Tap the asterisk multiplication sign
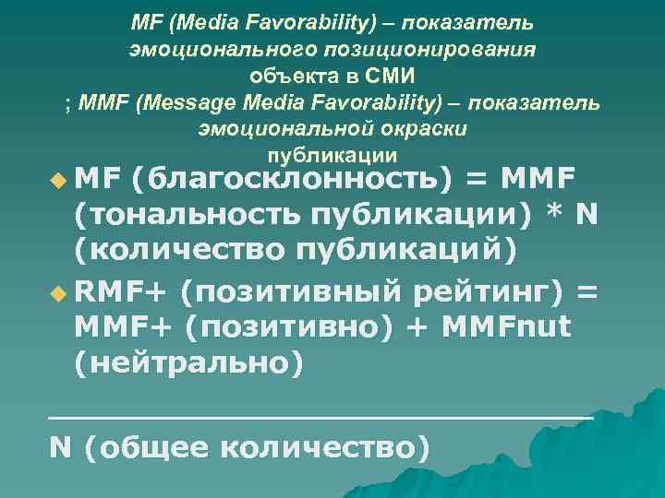click(555, 214)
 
